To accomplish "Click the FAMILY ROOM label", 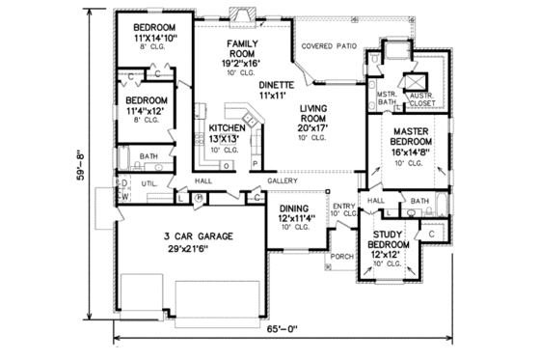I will pyautogui.click(x=242, y=50).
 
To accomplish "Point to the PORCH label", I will pyautogui.click(x=342, y=257).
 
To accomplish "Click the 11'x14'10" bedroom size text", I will pyautogui.click(x=150, y=40).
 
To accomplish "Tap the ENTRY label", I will pyautogui.click(x=343, y=206).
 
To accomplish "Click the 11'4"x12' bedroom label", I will pyautogui.click(x=148, y=111).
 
